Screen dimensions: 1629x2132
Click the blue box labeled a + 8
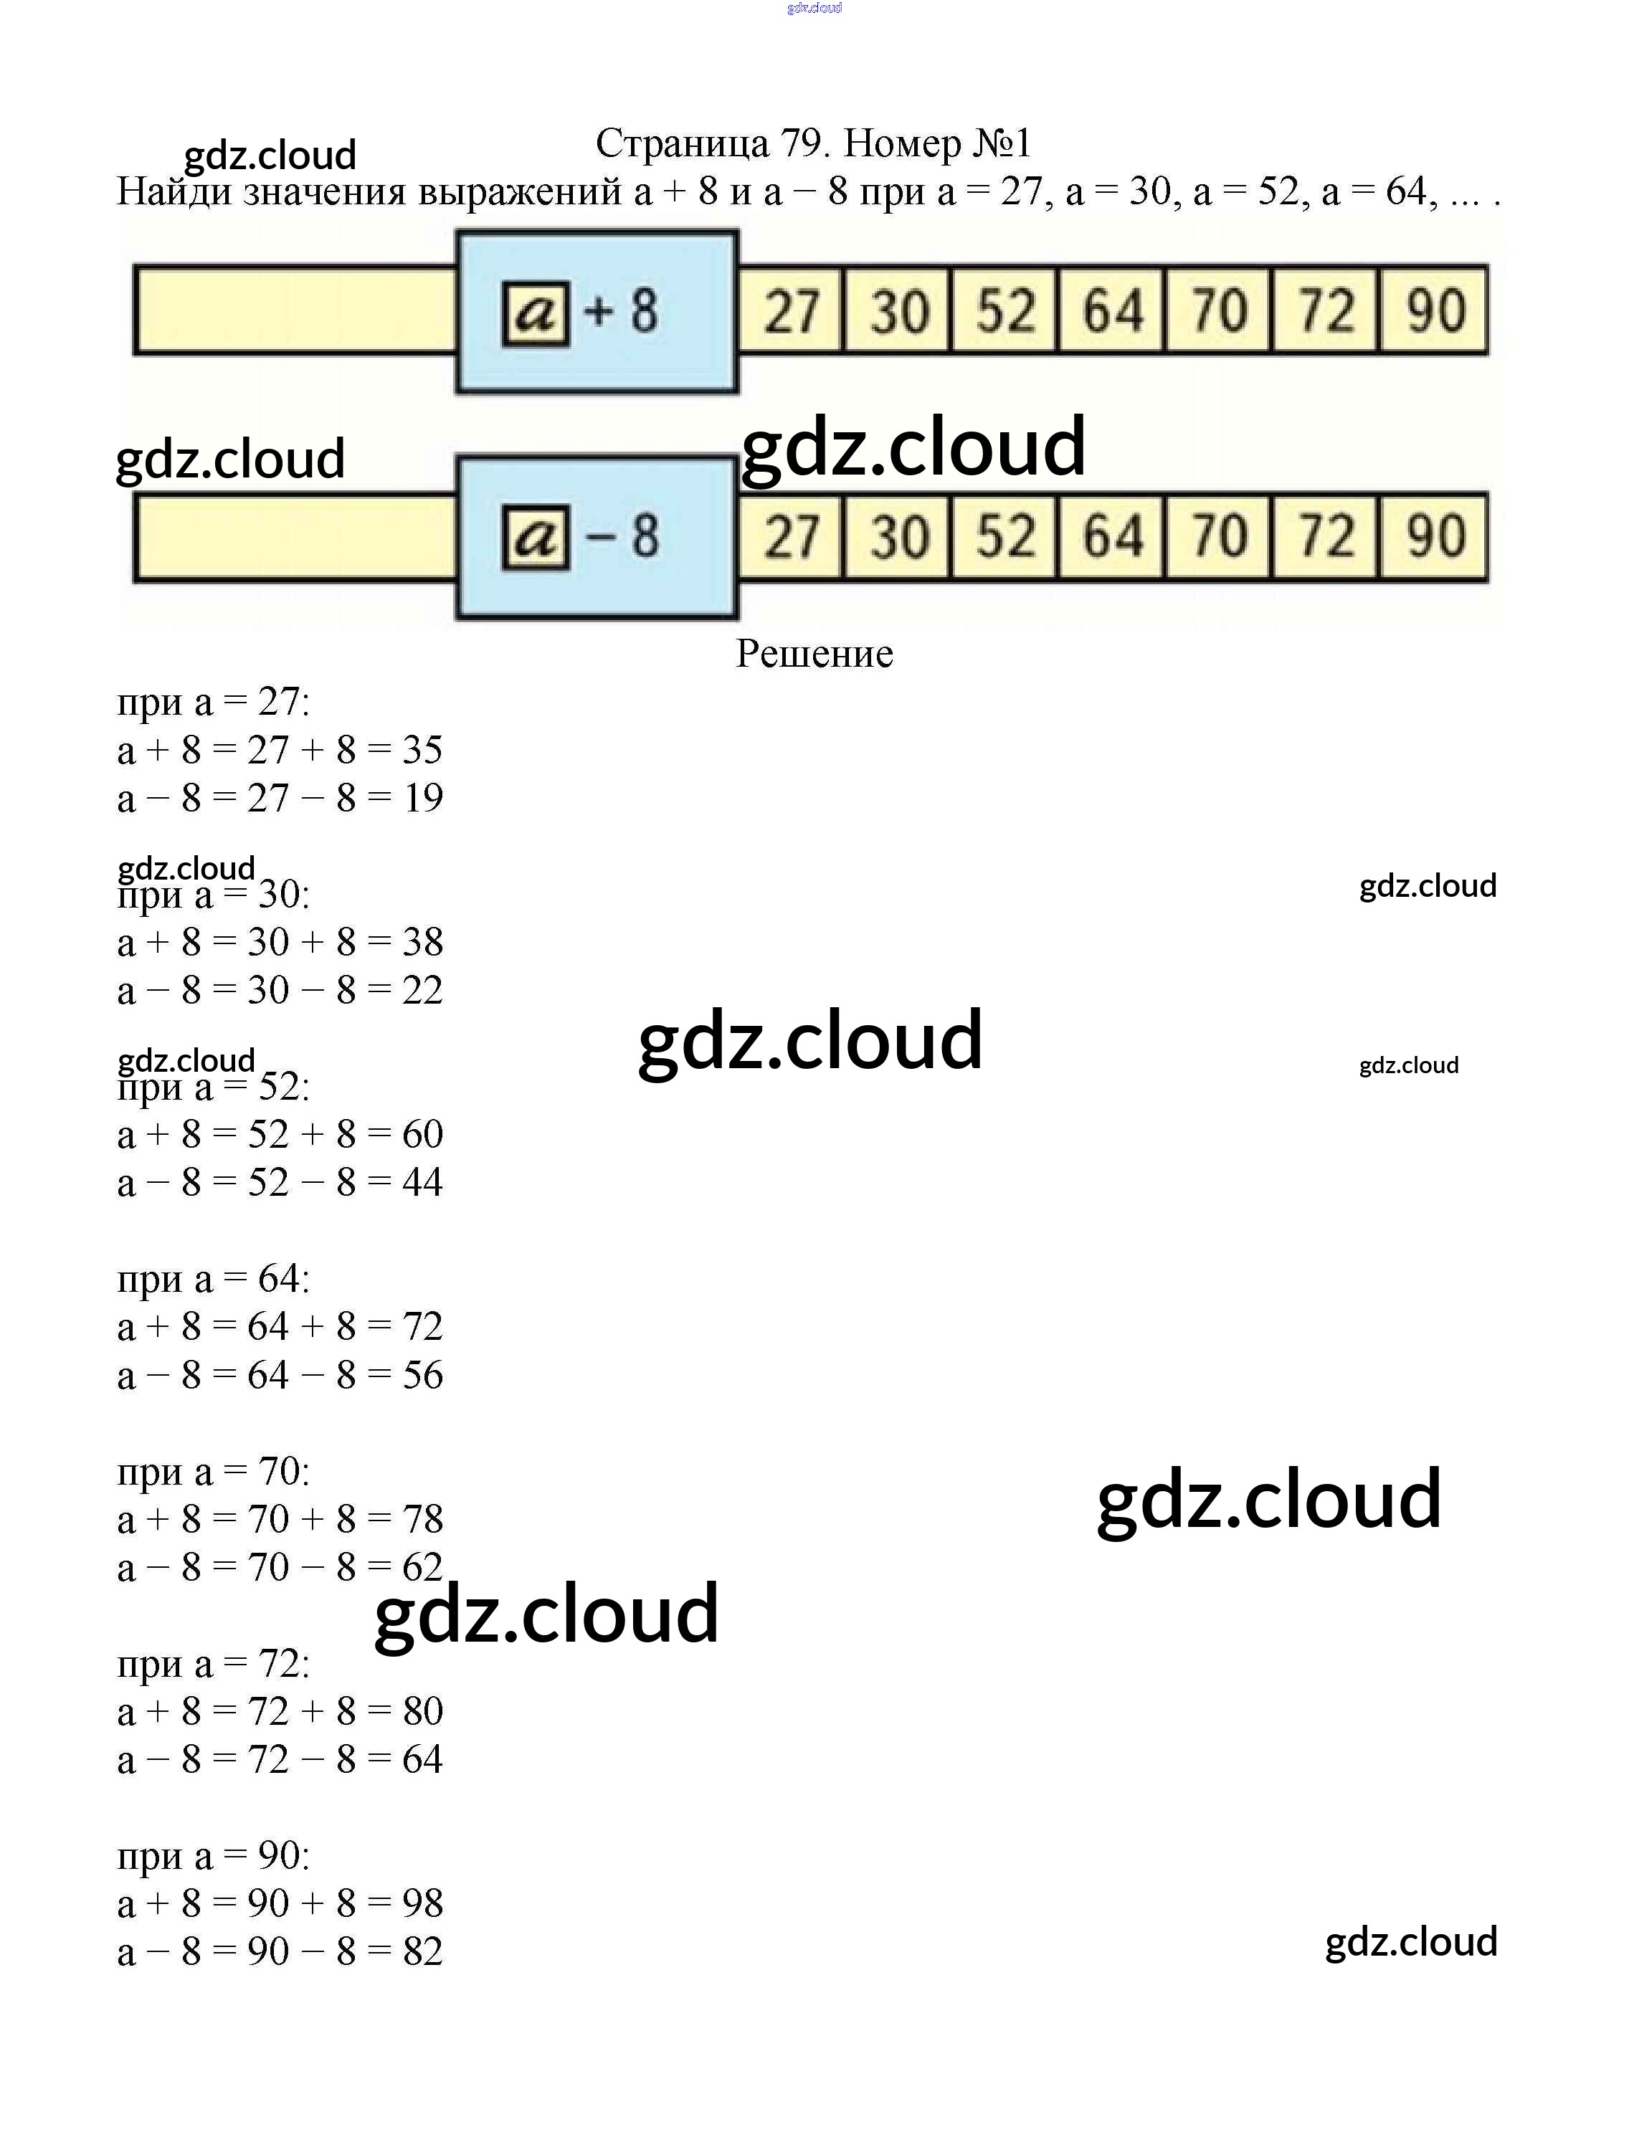tap(597, 311)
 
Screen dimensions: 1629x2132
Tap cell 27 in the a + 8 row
tap(792, 311)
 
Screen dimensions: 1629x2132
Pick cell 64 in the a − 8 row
tap(1112, 537)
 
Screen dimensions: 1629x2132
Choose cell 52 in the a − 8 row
tap(1005, 537)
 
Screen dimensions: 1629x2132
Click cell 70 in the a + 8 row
tap(1219, 311)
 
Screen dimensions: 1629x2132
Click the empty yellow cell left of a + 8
tap(295, 311)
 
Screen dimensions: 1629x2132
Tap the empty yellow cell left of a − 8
tap(295, 537)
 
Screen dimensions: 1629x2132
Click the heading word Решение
tap(814, 655)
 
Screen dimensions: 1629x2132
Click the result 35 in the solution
tap(423, 749)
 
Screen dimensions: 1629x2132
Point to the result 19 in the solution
tap(423, 798)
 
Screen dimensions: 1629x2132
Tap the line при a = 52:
tap(214, 1087)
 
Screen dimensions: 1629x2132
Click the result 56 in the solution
tap(423, 1375)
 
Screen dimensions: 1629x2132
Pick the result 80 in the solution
tap(423, 1711)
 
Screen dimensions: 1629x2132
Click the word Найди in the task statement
tap(174, 192)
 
